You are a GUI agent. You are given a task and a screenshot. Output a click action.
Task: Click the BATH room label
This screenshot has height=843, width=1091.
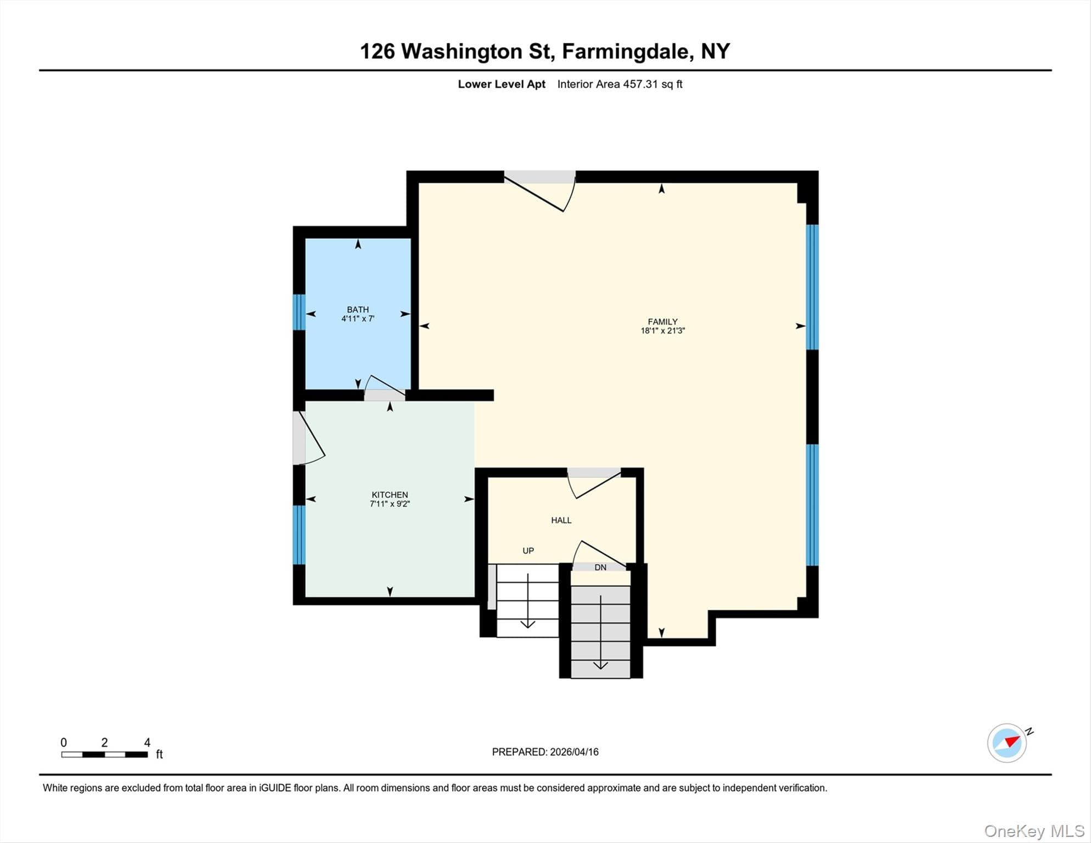coord(358,310)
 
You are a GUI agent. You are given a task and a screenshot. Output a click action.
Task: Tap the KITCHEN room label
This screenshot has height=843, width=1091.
coord(390,494)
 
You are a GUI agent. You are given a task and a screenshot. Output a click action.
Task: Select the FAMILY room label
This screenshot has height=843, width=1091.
coord(662,322)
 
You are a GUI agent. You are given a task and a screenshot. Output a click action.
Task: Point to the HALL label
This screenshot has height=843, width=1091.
coord(561,520)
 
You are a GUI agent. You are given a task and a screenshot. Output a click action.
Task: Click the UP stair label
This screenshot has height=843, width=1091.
coord(528,550)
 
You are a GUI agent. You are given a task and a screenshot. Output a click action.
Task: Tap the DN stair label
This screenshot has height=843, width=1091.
coord(600,567)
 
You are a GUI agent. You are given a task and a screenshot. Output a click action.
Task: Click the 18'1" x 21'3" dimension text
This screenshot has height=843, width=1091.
coord(662,330)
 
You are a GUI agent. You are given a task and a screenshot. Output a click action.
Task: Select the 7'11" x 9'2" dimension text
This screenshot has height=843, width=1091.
coord(390,503)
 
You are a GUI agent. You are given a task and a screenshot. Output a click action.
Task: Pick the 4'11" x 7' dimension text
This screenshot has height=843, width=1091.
coord(358,318)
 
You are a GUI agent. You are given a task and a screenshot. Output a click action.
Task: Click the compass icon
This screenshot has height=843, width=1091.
coord(1007,743)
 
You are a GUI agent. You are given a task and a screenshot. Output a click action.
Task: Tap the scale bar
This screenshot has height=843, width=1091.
coord(104,755)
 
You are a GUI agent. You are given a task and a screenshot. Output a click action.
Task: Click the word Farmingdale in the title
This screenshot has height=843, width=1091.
coord(626,51)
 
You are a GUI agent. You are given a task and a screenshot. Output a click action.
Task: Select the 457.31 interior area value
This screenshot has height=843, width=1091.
coord(640,84)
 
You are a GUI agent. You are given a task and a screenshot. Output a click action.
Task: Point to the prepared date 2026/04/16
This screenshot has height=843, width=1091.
coord(574,752)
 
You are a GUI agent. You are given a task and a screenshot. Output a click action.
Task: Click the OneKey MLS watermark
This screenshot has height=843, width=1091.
coord(1034,831)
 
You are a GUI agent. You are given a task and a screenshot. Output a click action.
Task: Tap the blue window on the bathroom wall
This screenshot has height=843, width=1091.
coord(299,312)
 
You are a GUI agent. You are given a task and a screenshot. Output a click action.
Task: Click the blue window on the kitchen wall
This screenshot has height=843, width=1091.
coord(299,535)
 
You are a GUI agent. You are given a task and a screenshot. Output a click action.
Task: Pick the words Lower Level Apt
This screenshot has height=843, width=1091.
coord(502,84)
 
